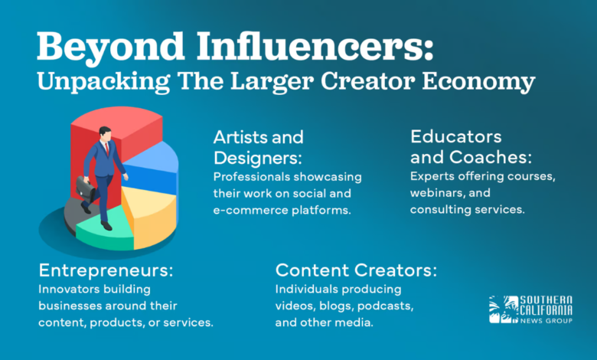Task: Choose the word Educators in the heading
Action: (x=456, y=137)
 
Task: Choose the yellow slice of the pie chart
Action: (x=149, y=214)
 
